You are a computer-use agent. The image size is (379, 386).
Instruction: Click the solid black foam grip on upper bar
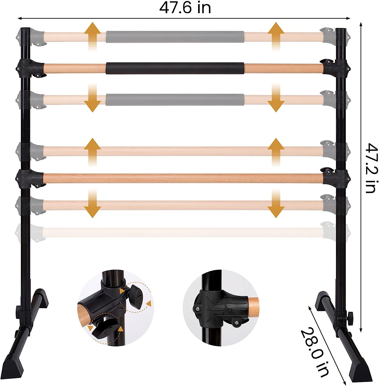[x=175, y=68]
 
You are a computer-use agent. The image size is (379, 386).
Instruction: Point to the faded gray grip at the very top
[x=175, y=37]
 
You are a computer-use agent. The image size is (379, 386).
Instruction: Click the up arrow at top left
[x=93, y=36]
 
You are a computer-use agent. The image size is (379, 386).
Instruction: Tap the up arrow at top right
[x=276, y=36]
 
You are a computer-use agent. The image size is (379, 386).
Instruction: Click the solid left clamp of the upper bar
[x=30, y=68]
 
